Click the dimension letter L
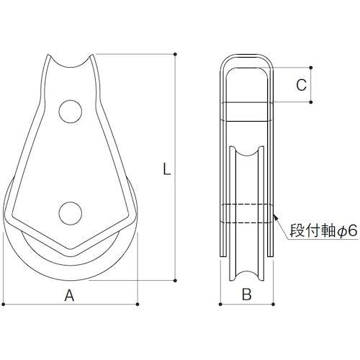point(166,170)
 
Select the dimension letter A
point(69,294)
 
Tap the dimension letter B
point(246,294)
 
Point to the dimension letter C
point(302,84)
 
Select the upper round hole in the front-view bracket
point(70,110)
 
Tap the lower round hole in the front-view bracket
point(70,213)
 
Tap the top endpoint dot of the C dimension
point(311,66)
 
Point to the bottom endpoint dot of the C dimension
point(311,102)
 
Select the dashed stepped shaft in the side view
point(247,214)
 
